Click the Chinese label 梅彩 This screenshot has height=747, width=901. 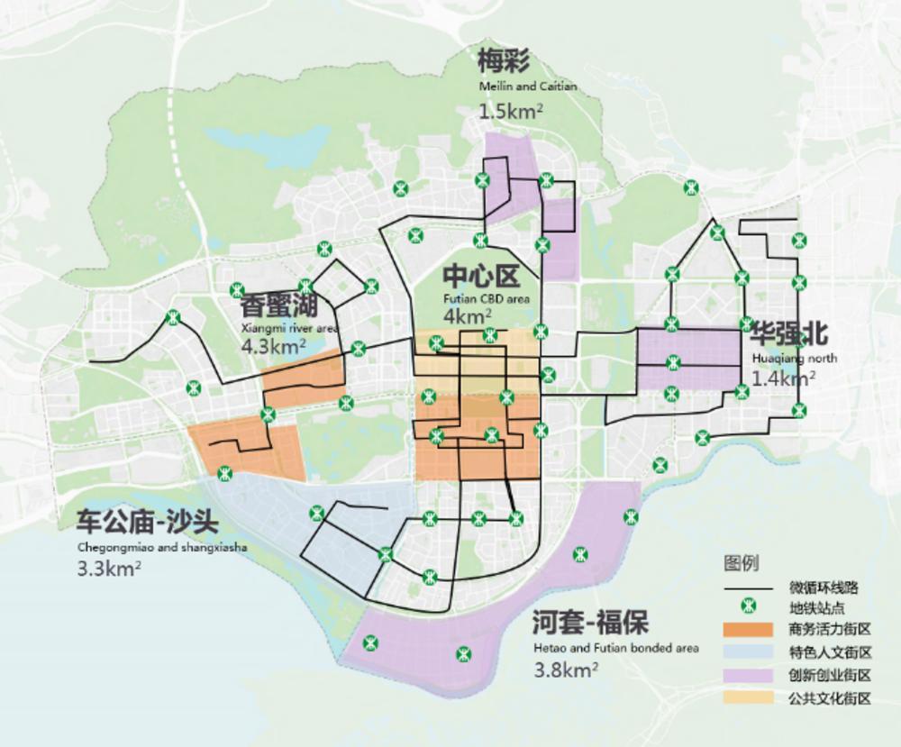(x=505, y=63)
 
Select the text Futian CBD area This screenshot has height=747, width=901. (x=487, y=298)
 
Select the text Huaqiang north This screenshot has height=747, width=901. (x=793, y=358)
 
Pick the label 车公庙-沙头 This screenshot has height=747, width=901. (x=142, y=524)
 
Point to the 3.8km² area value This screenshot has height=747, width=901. (x=567, y=670)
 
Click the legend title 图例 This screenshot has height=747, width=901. (x=741, y=564)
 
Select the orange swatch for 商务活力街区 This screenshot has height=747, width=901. (x=748, y=629)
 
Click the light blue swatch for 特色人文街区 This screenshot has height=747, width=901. (x=748, y=651)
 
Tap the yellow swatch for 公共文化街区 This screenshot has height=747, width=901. (x=748, y=697)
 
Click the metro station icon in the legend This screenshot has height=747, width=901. (x=748, y=606)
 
